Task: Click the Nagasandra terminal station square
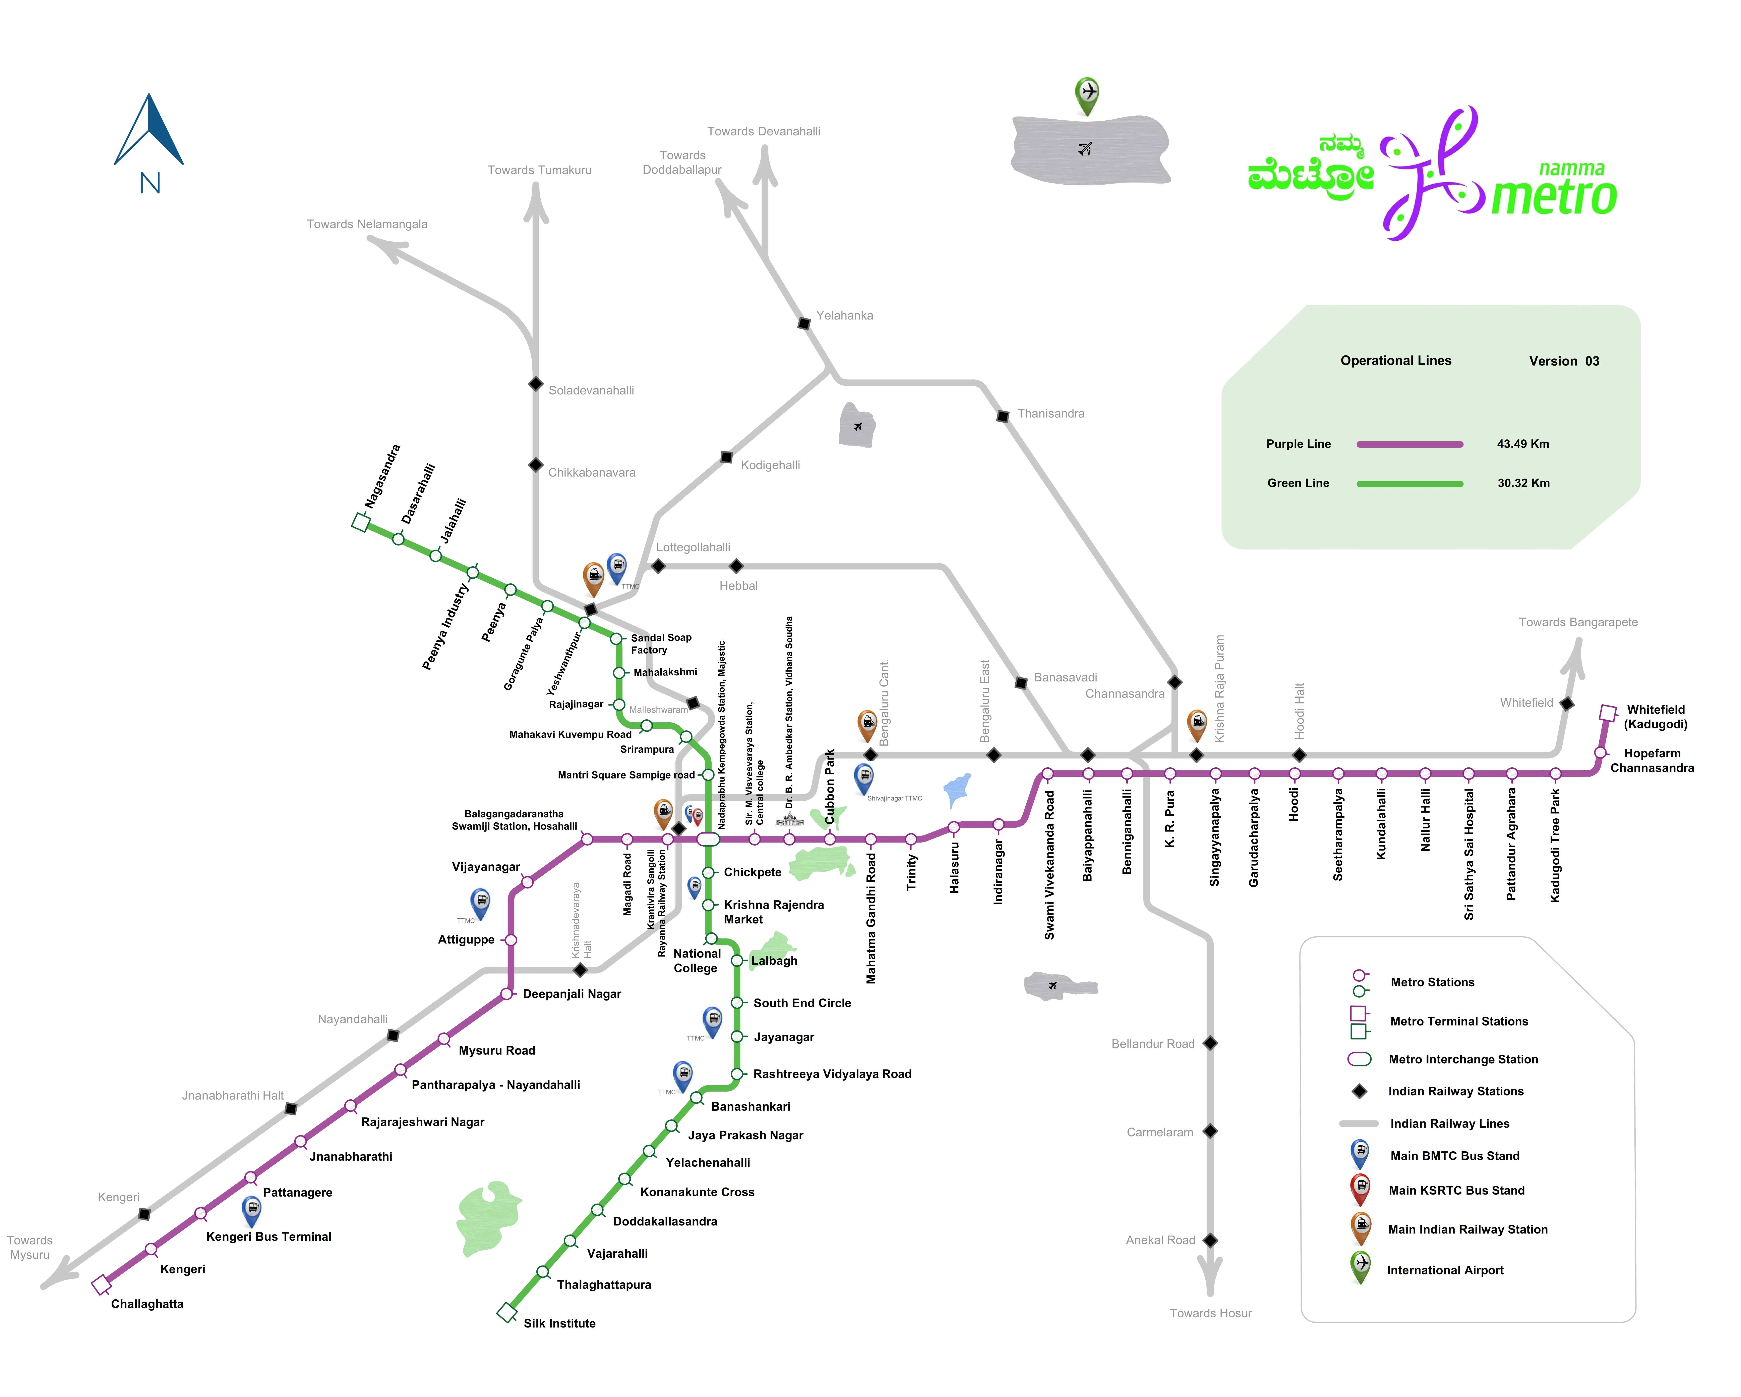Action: coord(361,523)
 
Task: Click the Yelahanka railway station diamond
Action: coord(804,323)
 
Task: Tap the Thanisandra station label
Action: coord(1050,414)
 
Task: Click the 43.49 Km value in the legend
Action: coord(1523,444)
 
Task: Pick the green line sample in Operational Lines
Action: coord(1409,484)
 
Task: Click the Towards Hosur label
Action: coord(1210,1313)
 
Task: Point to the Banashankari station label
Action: coord(750,1106)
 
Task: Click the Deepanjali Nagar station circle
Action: coord(507,994)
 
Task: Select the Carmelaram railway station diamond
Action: coord(1210,1131)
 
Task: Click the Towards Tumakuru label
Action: coord(539,170)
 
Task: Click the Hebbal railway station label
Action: coord(738,586)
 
